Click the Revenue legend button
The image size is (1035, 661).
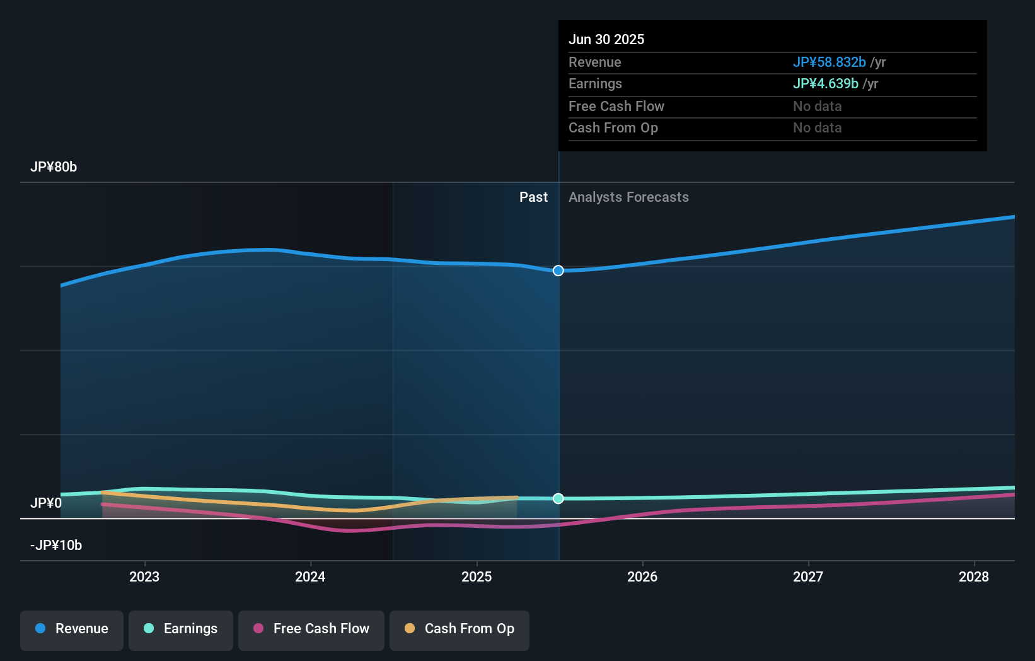coord(72,629)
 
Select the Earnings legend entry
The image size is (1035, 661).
coord(181,629)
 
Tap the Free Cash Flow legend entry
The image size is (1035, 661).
coord(311,629)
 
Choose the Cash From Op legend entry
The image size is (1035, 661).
coord(460,629)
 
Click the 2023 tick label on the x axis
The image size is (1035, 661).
coord(144,576)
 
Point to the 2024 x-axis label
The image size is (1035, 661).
coord(310,576)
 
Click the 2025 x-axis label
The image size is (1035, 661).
coord(477,576)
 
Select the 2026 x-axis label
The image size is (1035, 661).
coord(642,576)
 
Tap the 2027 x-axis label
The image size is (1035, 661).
coord(808,576)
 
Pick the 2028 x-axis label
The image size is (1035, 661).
coord(974,576)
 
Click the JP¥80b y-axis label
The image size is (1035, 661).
coord(54,167)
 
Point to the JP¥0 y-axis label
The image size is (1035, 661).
coord(46,503)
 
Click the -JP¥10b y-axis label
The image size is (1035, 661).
coord(56,546)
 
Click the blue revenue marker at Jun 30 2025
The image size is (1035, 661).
coord(558,271)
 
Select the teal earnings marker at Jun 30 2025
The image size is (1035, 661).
coord(558,498)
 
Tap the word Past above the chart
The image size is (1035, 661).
coord(533,197)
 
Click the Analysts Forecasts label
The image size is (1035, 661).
coord(628,197)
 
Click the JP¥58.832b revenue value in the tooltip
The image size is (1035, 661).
coord(829,62)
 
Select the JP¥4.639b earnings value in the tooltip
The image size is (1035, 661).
coord(825,84)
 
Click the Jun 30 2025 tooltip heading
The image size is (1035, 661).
coord(606,40)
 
